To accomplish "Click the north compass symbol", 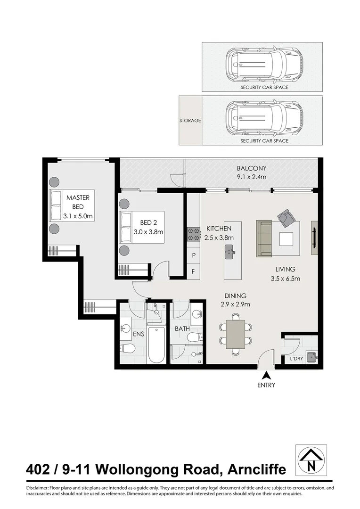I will click(x=311, y=460).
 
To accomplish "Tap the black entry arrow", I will click(x=266, y=375).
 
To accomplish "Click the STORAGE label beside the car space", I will click(x=190, y=121).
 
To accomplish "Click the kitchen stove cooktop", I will click(x=193, y=231).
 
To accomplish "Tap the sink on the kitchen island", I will click(x=229, y=251).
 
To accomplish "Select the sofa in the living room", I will click(x=264, y=238).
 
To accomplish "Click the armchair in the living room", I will click(x=286, y=218).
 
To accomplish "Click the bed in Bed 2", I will click(x=142, y=227).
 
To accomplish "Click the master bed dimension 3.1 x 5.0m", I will click(x=78, y=216).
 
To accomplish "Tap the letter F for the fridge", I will click(x=193, y=271).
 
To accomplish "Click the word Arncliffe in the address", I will click(x=256, y=469).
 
